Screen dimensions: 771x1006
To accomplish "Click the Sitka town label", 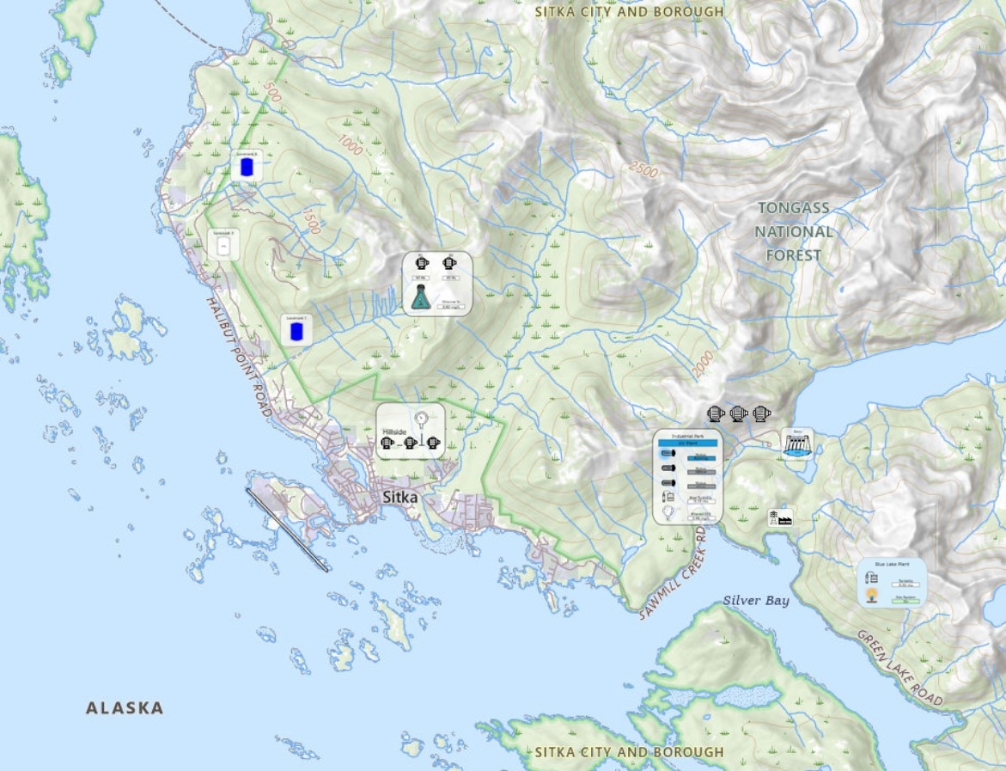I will (x=400, y=497).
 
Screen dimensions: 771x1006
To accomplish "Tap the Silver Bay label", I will (x=755, y=601).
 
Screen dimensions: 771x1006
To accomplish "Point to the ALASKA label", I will (x=125, y=708).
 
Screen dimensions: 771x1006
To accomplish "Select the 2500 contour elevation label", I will (x=643, y=170).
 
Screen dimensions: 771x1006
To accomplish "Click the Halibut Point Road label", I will (x=240, y=357).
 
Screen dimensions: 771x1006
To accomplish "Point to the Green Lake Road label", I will (x=899, y=668).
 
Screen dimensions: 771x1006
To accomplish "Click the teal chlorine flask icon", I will (x=420, y=298).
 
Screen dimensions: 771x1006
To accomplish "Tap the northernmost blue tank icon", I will (x=247, y=168).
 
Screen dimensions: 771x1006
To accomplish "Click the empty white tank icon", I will (x=224, y=248).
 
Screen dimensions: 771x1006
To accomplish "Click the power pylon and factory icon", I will (x=779, y=517).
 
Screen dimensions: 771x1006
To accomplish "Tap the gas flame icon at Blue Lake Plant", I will (x=872, y=595).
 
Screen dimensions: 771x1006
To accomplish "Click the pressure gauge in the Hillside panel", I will (x=422, y=419).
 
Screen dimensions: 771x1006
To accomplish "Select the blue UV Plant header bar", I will (x=686, y=444).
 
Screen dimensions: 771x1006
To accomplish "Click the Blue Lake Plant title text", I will (x=891, y=564).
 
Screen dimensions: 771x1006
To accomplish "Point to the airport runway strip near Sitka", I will (x=287, y=529).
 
